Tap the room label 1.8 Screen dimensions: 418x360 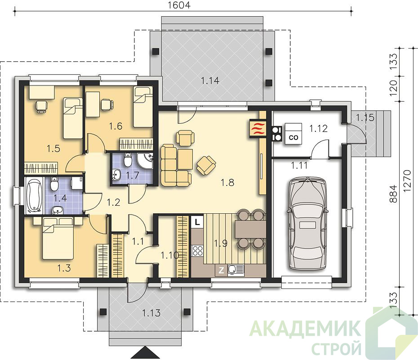pos(227,183)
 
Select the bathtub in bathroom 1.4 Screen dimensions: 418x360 pos(34,196)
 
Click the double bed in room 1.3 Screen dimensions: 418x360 pos(58,238)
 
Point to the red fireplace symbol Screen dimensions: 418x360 pos(258,129)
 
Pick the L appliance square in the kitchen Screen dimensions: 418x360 pos(197,222)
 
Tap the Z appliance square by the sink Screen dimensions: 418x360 pos(221,270)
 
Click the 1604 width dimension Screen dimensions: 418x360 pos(179,4)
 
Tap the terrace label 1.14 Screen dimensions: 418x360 pos(210,81)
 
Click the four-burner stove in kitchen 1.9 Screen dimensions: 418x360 pos(197,251)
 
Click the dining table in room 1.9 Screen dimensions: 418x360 pos(250,229)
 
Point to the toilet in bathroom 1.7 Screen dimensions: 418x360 pos(128,159)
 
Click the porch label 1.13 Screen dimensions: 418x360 pos(151,313)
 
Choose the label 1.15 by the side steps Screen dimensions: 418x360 pos(365,117)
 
